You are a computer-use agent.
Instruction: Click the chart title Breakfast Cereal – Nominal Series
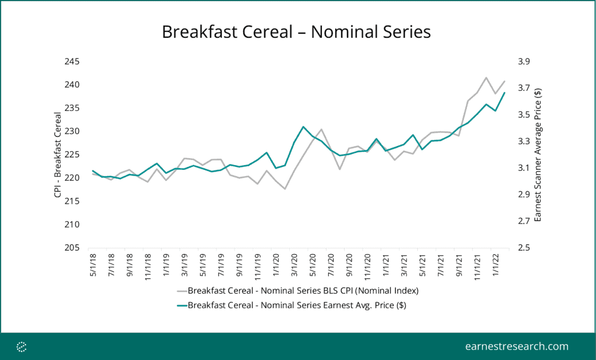pos(296,31)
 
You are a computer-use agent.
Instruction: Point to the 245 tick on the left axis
pos(73,62)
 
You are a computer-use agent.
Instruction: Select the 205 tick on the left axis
pos(73,248)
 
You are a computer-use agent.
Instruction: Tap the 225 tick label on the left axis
pos(73,155)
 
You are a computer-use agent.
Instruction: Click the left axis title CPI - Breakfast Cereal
pos(58,155)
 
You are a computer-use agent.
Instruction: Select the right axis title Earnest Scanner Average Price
pos(538,155)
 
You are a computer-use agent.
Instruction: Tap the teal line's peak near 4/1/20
pos(303,127)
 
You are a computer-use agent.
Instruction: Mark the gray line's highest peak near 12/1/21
pos(486,77)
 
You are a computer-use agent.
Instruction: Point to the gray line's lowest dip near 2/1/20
pos(285,188)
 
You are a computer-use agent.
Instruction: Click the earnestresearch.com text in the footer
pos(517,347)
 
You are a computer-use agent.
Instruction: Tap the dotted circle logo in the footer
pos(22,347)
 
